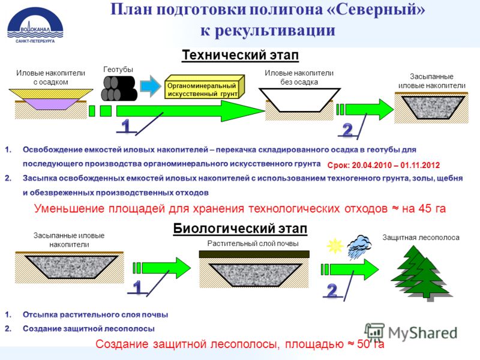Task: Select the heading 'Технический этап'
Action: (x=241, y=55)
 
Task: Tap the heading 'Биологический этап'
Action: (x=241, y=229)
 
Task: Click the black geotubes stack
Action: (x=119, y=88)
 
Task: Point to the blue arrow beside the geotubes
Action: (x=151, y=86)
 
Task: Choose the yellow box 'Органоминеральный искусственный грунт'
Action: (x=204, y=87)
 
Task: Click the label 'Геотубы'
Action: (x=118, y=70)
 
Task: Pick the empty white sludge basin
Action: (x=299, y=100)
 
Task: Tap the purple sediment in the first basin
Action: (x=50, y=104)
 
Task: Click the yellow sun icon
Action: (x=335, y=245)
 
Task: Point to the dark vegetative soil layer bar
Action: (x=254, y=254)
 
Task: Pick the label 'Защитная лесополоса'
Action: (x=421, y=238)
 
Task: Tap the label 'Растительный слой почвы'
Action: (x=253, y=244)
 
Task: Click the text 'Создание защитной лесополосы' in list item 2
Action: (x=89, y=329)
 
